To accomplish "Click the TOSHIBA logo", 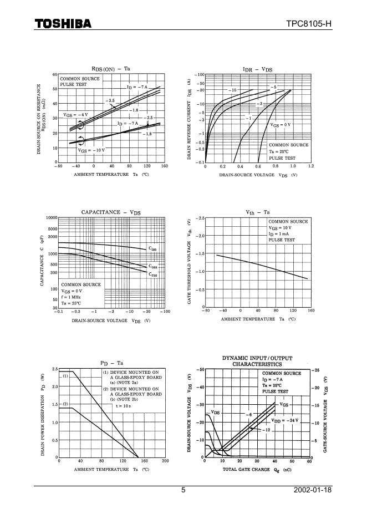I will point(63,23).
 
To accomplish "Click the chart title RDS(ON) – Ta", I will point(111,69).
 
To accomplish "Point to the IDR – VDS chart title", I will point(258,69).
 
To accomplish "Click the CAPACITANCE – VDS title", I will point(111,212).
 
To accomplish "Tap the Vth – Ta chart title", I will point(258,212).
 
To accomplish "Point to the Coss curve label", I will point(153,267).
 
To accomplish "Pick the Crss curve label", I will point(152,274).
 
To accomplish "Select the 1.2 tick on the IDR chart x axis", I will point(310,166).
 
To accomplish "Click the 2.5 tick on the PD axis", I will point(54,369).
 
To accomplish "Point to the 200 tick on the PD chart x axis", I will point(165,461).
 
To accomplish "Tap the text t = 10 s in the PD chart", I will point(125,406).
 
